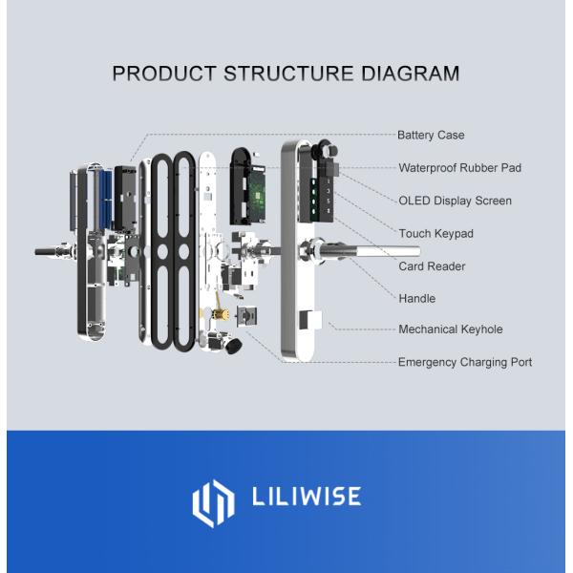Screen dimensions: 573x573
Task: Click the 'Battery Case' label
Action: [430, 136]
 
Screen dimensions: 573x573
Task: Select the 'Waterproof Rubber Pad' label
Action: [459, 168]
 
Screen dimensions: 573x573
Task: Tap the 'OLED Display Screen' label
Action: [455, 201]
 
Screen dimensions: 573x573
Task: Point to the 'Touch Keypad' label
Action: [435, 233]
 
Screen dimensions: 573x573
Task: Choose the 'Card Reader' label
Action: [432, 266]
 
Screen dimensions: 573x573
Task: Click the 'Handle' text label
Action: [416, 299]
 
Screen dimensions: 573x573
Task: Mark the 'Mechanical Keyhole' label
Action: [450, 329]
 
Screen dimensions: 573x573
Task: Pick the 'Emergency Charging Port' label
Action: [464, 362]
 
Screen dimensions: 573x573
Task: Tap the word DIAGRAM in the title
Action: [404, 74]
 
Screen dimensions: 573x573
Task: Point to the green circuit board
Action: [253, 185]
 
